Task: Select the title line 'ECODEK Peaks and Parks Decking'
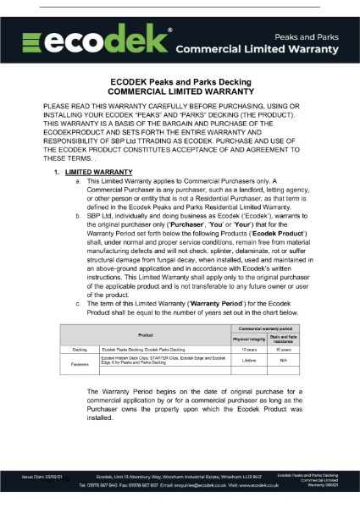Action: tap(180, 82)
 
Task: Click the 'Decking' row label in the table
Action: tap(80, 349)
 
